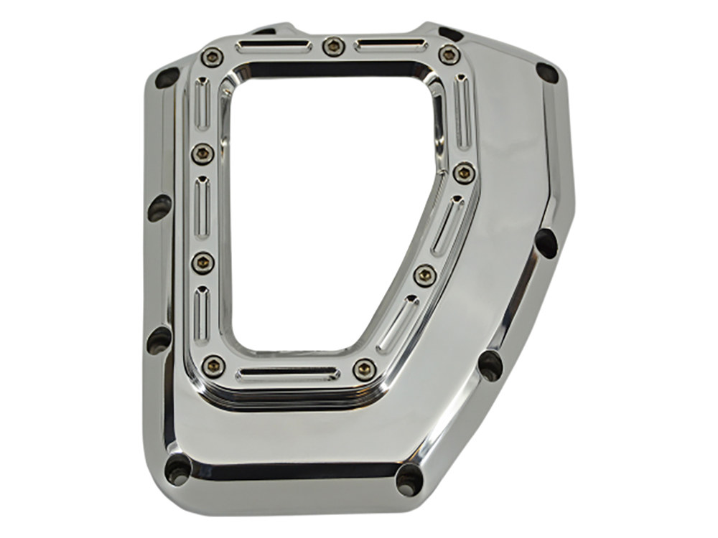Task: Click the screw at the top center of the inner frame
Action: pyautogui.click(x=332, y=47)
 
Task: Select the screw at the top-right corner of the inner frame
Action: pyautogui.click(x=449, y=54)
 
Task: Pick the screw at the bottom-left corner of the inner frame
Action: pyautogui.click(x=213, y=366)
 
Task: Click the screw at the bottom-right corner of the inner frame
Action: pyautogui.click(x=365, y=370)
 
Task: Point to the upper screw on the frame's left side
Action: pyautogui.click(x=202, y=153)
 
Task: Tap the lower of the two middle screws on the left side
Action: pyautogui.click(x=202, y=263)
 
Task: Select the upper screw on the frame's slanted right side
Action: pyautogui.click(x=464, y=172)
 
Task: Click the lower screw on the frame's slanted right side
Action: pyautogui.click(x=425, y=275)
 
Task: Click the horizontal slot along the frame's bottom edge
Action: pyautogui.click(x=288, y=374)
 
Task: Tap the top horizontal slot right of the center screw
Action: pyautogui.click(x=391, y=45)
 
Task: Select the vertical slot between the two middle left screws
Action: pyautogui.click(x=202, y=207)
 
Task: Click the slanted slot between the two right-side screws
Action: pyautogui.click(x=447, y=224)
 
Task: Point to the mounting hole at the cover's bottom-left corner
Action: pyautogui.click(x=176, y=469)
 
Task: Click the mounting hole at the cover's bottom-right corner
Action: pyautogui.click(x=410, y=478)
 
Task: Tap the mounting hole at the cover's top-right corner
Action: pyautogui.click(x=547, y=72)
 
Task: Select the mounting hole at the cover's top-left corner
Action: pyautogui.click(x=166, y=77)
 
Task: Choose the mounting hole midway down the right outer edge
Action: pyautogui.click(x=546, y=243)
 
